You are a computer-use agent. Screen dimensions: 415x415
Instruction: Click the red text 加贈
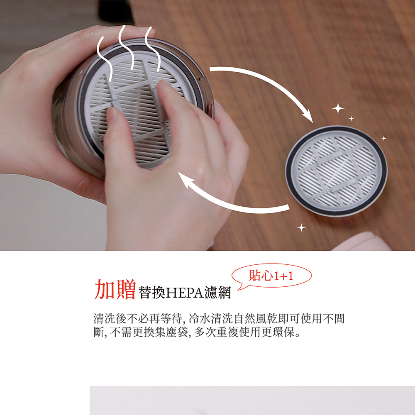[115, 289]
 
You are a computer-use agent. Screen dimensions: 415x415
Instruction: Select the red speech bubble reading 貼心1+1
[271, 276]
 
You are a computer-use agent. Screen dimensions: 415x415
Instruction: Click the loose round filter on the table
[336, 171]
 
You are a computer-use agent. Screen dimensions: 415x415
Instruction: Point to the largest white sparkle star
[338, 108]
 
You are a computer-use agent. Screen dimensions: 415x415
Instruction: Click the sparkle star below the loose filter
[301, 227]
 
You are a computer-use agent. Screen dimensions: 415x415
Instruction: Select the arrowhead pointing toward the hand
[185, 179]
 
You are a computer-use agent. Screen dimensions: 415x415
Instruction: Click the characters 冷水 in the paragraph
[200, 318]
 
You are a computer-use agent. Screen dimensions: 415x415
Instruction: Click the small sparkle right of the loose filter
[384, 138]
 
